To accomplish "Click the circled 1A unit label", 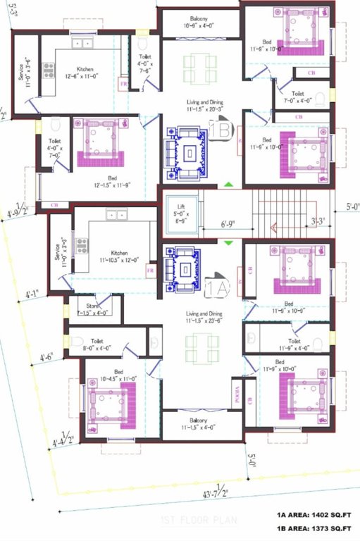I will tap(218, 287).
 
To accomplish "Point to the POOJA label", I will tap(236, 392).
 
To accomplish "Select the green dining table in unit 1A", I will tap(201, 347).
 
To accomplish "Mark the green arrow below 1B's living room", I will tap(228, 186).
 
